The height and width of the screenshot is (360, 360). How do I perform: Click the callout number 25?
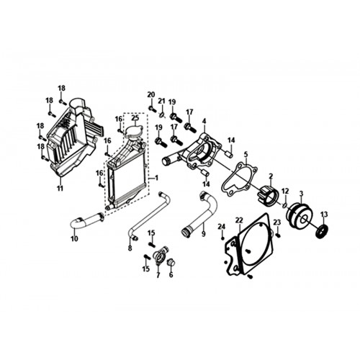[135, 118]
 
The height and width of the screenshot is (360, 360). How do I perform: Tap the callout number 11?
[60, 189]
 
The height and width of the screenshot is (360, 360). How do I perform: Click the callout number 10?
[74, 239]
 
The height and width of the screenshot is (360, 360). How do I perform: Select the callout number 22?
[239, 220]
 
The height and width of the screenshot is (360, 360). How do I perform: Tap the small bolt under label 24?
[222, 238]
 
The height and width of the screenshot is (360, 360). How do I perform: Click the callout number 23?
[277, 222]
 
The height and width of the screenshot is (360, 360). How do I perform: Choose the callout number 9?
[204, 233]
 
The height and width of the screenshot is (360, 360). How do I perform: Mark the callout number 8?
[130, 248]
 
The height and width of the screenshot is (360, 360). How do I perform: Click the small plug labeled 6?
[170, 262]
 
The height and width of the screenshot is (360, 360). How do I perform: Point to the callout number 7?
[158, 275]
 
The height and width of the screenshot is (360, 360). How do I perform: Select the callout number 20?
[151, 94]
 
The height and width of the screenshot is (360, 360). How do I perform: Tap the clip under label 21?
[163, 115]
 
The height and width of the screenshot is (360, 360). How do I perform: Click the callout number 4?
[204, 121]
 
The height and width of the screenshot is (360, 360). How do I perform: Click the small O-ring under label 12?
[285, 204]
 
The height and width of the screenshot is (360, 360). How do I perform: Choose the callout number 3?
[302, 193]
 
